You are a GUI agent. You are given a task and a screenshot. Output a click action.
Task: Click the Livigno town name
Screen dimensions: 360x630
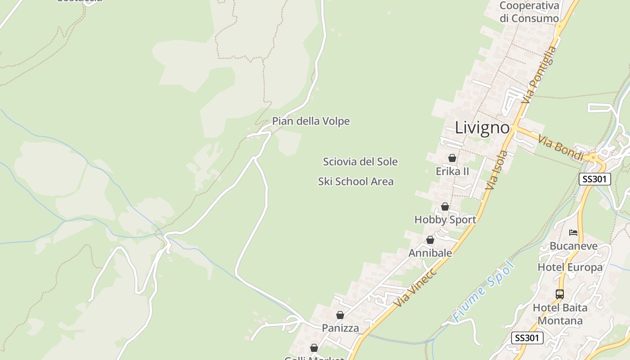click(482, 128)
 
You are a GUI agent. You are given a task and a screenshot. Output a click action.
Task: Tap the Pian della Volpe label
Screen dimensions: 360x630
click(311, 121)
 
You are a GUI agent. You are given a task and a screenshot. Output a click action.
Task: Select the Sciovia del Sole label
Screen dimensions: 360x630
click(360, 162)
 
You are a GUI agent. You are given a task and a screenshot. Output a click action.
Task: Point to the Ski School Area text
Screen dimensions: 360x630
click(356, 182)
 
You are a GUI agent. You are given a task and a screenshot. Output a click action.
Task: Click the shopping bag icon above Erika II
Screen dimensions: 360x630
click(452, 158)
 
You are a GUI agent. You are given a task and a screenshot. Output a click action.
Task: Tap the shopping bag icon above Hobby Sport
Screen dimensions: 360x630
click(445, 207)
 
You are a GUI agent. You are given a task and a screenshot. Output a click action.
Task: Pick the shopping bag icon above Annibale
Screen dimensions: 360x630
click(430, 240)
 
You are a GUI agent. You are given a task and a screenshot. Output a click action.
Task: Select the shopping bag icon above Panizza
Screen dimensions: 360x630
click(340, 315)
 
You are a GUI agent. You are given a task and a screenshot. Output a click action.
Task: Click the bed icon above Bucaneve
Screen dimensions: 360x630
click(573, 233)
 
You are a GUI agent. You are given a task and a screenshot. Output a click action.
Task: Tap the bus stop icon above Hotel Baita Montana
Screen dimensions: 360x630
click(560, 294)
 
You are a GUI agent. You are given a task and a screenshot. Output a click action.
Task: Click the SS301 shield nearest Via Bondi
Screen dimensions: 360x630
click(594, 179)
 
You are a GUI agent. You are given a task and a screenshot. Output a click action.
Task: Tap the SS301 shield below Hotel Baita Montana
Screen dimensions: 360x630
click(527, 338)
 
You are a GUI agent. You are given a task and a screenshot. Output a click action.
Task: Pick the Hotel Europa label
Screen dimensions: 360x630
click(570, 267)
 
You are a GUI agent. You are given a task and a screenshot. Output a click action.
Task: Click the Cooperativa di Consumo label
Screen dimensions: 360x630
click(529, 12)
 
